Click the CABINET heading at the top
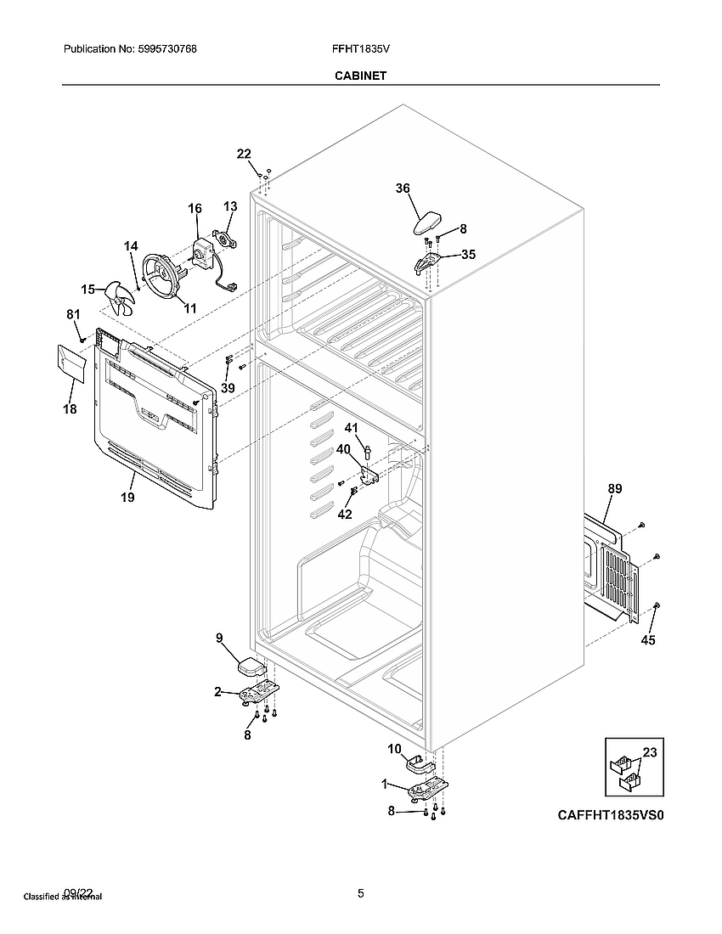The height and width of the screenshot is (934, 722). click(361, 76)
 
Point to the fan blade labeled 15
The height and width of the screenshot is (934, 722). click(120, 298)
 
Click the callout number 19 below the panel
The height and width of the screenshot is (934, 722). click(127, 498)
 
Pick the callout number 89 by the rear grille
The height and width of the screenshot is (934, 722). click(615, 488)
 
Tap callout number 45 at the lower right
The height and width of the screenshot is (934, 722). click(648, 640)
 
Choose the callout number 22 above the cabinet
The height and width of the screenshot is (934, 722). click(244, 154)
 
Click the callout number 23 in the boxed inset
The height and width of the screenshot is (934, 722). click(650, 751)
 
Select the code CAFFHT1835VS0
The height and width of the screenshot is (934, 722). click(609, 815)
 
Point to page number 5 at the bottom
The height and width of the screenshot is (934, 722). click(361, 892)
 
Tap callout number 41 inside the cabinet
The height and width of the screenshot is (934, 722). click(351, 427)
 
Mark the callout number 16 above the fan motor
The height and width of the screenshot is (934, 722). click(195, 208)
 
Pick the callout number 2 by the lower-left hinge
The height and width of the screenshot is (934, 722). click(218, 692)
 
